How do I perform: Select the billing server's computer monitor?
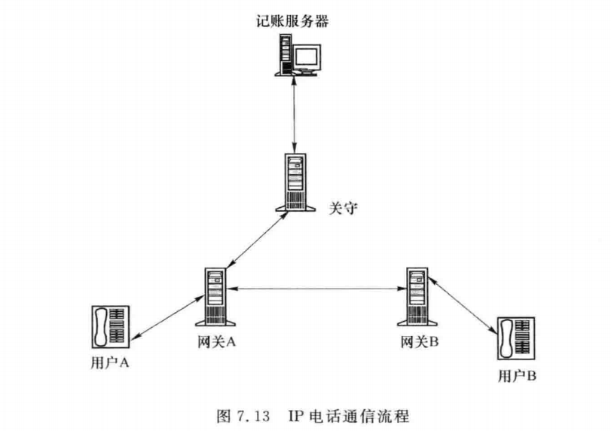(x=307, y=58)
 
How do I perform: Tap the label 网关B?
(x=420, y=341)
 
